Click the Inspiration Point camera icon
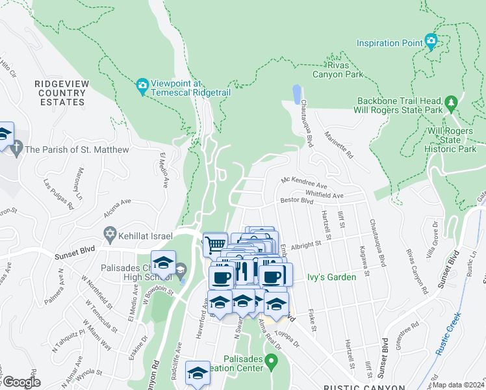(x=431, y=42)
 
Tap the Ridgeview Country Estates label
(x=60, y=93)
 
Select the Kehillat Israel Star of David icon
(x=110, y=233)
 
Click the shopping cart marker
(x=215, y=244)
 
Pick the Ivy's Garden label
(x=331, y=278)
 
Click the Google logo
(x=21, y=382)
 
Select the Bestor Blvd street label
(x=297, y=202)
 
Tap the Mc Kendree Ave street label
(x=304, y=184)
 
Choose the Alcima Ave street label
(x=117, y=209)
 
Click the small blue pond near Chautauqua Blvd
(x=297, y=94)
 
